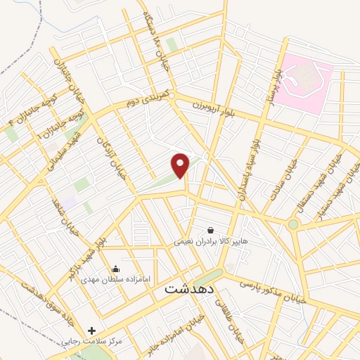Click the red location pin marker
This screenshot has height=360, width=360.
click(x=181, y=165)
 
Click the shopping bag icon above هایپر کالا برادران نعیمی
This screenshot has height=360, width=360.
click(x=211, y=230)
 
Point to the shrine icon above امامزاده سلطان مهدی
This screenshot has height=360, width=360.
click(x=115, y=269)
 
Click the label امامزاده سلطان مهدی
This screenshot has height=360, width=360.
click(x=116, y=280)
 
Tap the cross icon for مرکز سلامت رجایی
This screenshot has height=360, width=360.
click(x=91, y=330)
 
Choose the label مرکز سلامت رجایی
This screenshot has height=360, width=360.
click(x=92, y=342)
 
